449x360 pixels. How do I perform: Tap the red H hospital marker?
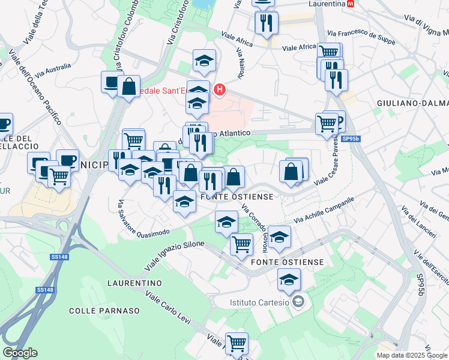pyautogui.click(x=220, y=90)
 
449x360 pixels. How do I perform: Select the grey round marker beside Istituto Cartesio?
pyautogui.click(x=298, y=302)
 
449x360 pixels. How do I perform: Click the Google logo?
pyautogui.click(x=20, y=353)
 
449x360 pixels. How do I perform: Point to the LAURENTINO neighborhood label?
pyautogui.click(x=135, y=283)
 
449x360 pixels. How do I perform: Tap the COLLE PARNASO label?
pyautogui.click(x=104, y=311)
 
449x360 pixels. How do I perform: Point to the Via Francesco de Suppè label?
pyautogui.click(x=361, y=36)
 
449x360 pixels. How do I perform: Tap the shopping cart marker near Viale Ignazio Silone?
pyautogui.click(x=241, y=244)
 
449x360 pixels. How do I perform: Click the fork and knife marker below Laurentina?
pyautogui.click(x=267, y=23)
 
